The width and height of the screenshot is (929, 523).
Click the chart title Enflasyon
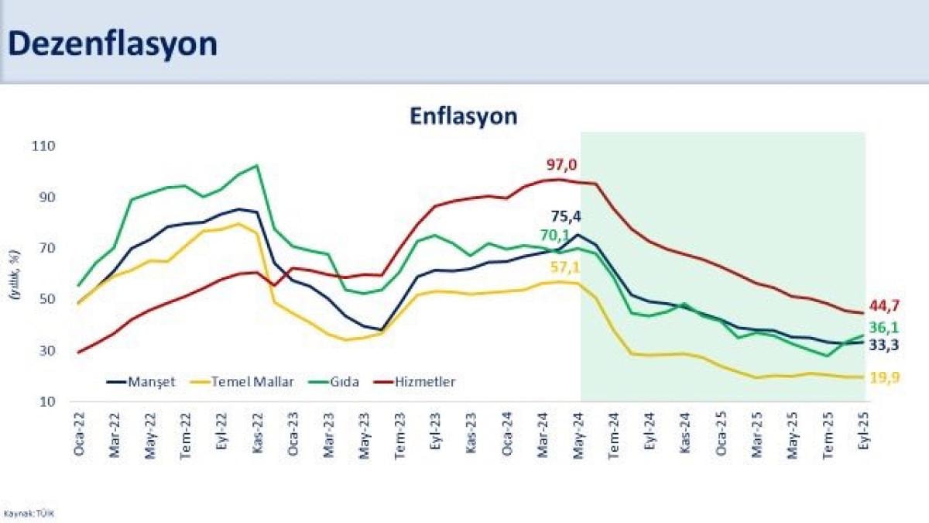click(x=463, y=116)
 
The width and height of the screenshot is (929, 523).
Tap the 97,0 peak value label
click(x=562, y=164)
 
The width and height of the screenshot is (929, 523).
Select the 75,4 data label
click(x=588, y=216)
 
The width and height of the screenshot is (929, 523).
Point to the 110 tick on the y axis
click(x=46, y=146)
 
